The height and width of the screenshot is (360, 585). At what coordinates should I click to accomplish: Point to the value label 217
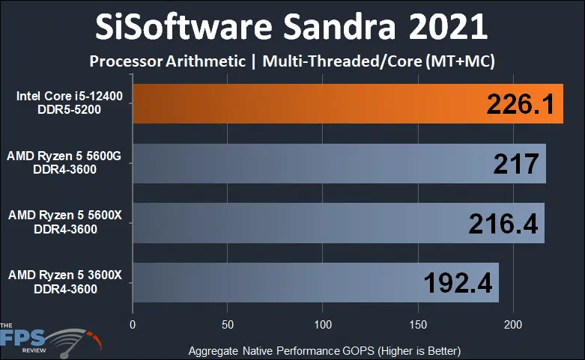coord(517,164)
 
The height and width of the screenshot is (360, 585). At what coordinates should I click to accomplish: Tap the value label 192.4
coord(457,282)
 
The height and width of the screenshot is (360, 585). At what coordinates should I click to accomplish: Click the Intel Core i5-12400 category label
coord(68,104)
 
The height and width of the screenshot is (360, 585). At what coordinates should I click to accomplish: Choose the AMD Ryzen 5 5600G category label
coord(66,163)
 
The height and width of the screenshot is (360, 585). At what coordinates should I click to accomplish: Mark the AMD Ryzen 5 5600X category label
coord(66,222)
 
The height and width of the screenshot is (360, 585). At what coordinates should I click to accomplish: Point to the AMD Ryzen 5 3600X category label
coord(66,281)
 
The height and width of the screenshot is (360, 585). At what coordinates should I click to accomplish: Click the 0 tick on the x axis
coord(133,325)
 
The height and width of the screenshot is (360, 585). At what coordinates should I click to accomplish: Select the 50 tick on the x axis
coord(228,325)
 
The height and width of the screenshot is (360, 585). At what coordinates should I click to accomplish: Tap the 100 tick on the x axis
coord(323,325)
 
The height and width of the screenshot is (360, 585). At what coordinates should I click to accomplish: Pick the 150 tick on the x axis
coord(418,325)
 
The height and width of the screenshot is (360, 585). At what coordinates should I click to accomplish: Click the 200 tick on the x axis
coord(513,325)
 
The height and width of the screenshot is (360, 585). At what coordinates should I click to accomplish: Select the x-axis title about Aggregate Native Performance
coord(324,350)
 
